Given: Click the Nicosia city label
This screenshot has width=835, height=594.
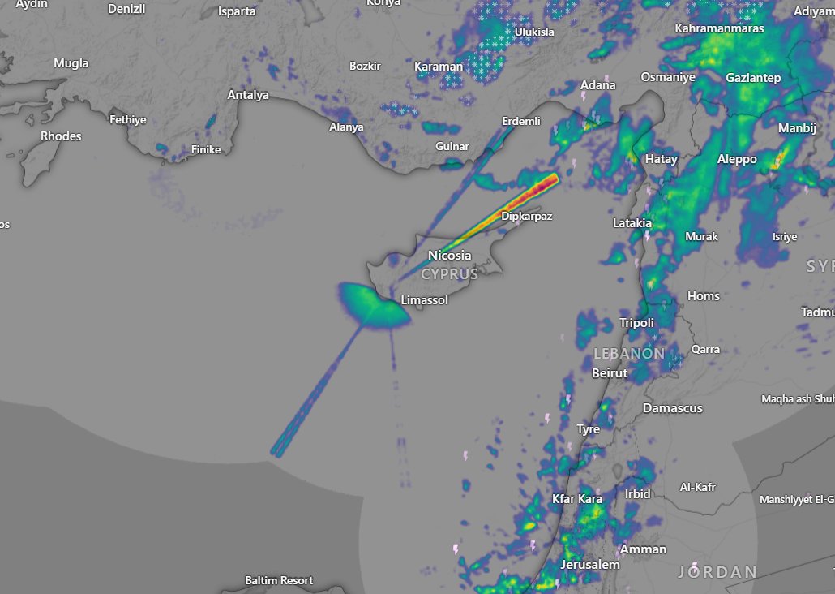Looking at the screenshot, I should point(449,256).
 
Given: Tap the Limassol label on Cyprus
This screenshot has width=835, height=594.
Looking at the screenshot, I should point(425,300).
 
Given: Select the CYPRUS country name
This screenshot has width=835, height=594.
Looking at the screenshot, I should point(449,274).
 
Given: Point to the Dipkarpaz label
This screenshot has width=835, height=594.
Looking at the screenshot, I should point(527,217).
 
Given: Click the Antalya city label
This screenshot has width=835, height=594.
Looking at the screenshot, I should point(248,95).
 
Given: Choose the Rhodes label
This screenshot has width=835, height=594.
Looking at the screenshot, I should point(61,136).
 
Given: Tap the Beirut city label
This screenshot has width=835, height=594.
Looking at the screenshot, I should point(610,373).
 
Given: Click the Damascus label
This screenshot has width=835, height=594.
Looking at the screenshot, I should point(673,408).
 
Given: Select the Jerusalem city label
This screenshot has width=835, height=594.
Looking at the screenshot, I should point(590,565).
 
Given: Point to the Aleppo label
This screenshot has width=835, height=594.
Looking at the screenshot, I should point(737,159).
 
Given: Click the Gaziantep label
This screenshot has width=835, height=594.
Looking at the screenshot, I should point(753,78).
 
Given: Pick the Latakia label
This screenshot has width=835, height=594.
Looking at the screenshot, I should point(632,222).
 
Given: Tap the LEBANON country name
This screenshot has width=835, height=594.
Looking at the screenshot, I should point(629,354).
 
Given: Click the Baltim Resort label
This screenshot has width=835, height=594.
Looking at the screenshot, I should point(279,581).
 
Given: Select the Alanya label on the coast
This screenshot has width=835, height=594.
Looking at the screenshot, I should point(346,127).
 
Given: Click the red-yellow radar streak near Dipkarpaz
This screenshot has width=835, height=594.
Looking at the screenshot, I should point(531,192).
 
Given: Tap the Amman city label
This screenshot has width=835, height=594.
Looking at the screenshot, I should point(644,549).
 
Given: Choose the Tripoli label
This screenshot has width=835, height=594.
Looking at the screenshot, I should point(637,323).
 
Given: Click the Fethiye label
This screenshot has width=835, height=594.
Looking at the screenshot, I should point(128,120).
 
